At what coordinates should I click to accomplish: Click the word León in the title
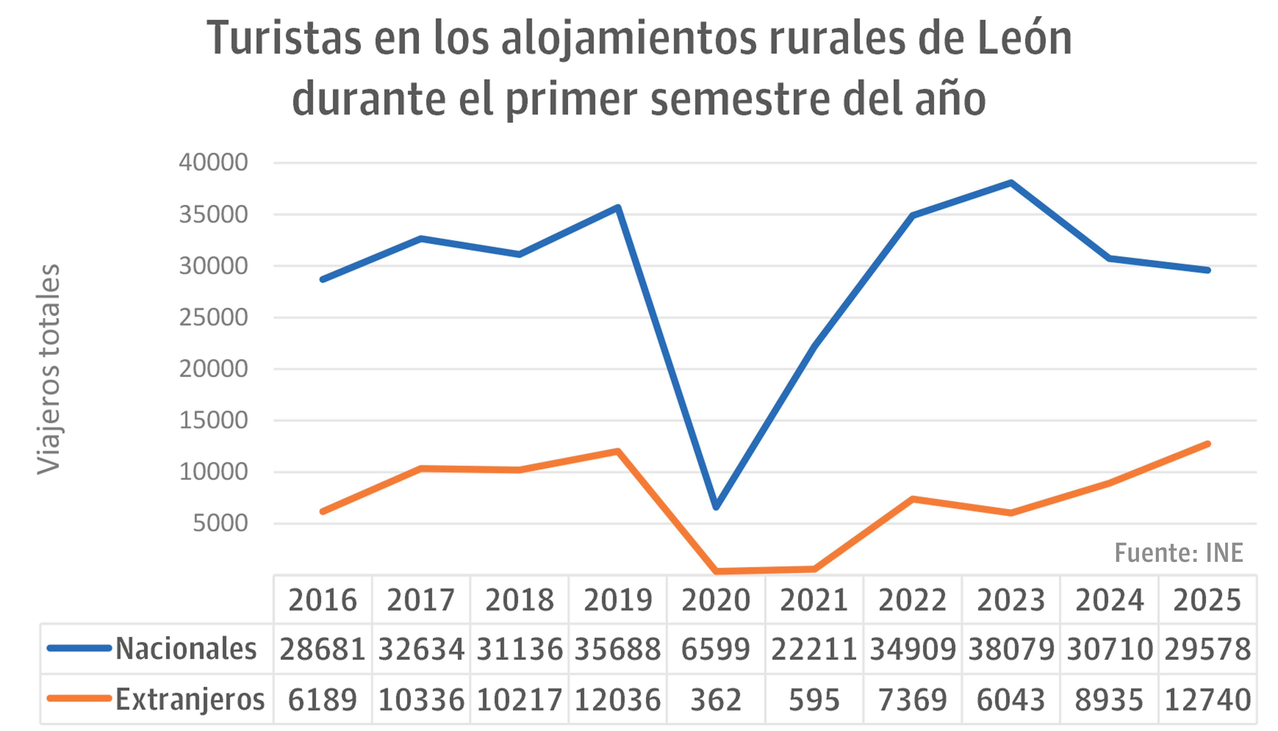tap(1024, 39)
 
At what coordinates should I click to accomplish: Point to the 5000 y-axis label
tap(220, 524)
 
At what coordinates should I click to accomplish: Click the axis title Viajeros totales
tap(49, 369)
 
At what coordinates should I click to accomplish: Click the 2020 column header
tap(716, 600)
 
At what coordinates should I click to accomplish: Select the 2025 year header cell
tap(1207, 600)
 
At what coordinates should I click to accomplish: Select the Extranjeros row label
tap(190, 699)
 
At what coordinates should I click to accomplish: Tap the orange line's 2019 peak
tap(618, 451)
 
